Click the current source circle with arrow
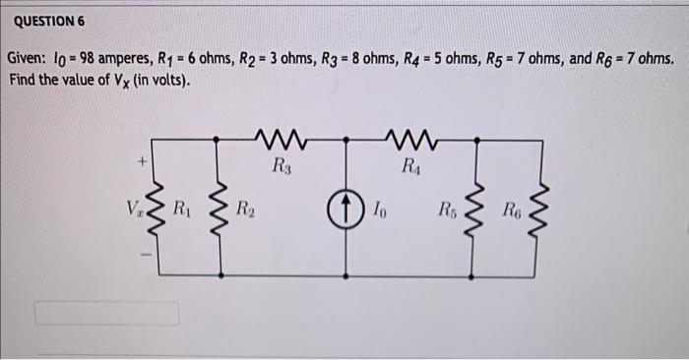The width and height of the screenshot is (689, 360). click(347, 210)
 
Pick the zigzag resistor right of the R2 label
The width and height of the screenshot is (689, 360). click(220, 210)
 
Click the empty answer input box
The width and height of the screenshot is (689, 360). click(107, 313)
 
